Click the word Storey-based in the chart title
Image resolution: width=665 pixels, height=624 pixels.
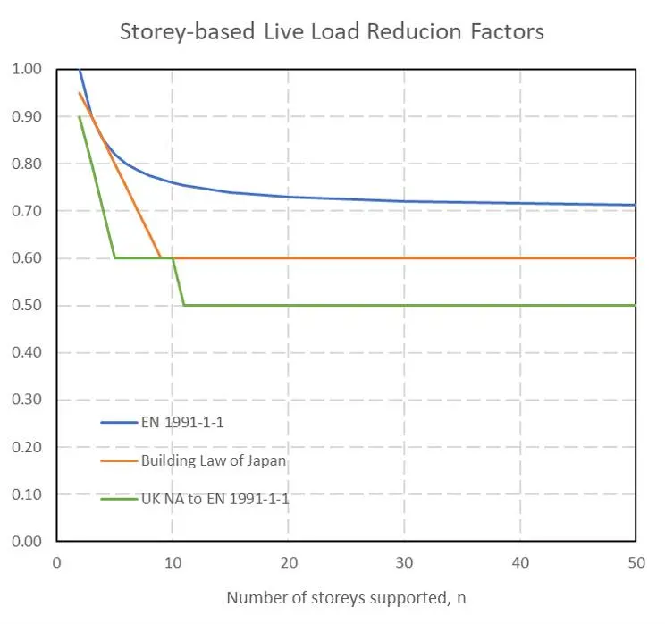(x=187, y=33)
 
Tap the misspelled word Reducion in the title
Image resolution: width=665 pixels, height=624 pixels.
(x=414, y=32)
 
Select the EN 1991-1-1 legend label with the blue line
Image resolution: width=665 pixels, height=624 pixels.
(x=182, y=423)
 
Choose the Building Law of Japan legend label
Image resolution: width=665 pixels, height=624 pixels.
(x=214, y=460)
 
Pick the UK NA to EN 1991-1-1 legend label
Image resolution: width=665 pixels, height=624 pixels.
(x=215, y=499)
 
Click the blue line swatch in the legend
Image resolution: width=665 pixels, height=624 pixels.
(x=119, y=423)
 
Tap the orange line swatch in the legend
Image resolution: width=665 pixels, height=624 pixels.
(x=119, y=460)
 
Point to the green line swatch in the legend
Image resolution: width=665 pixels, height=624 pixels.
(x=119, y=499)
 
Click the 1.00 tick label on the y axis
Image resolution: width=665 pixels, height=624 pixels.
(x=27, y=69)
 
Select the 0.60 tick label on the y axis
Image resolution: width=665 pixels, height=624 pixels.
(x=27, y=258)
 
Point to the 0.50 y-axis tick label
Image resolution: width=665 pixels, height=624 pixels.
(x=27, y=305)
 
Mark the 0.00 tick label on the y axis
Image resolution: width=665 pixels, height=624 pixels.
(x=27, y=541)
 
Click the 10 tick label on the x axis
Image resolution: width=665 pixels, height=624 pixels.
(x=173, y=563)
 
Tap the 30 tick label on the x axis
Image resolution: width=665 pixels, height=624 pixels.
(x=404, y=563)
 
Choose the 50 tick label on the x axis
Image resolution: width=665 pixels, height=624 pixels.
(x=636, y=563)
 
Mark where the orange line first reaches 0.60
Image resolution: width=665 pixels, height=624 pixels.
(x=161, y=257)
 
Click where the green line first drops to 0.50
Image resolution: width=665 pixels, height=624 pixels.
(x=184, y=305)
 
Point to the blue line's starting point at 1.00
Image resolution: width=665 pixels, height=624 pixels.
(x=80, y=69)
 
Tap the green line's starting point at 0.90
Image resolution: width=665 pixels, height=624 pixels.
(x=80, y=116)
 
